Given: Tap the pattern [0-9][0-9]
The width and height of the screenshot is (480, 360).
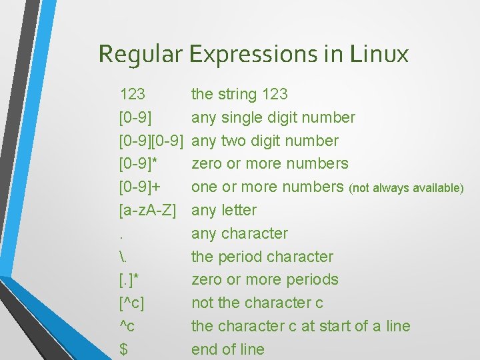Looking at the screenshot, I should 151,141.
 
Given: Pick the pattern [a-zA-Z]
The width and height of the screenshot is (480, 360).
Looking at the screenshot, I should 147,211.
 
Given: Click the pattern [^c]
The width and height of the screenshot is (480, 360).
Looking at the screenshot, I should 132,303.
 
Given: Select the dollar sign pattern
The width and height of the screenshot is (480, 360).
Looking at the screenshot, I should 123,349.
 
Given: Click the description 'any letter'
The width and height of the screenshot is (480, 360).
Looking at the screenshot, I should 224,211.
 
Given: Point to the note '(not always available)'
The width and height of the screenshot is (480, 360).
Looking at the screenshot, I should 406,188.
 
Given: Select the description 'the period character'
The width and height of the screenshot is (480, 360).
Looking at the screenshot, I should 262,257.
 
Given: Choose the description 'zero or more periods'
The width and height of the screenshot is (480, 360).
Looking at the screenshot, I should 265,280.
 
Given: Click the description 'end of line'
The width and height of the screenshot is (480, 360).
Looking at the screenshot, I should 228,349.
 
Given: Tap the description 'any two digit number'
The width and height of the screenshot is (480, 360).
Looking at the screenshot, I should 265,141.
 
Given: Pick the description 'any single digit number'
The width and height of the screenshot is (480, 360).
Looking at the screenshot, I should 273,118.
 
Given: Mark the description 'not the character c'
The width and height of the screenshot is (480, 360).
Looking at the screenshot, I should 257,303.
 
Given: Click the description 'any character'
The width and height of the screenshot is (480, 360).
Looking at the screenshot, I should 239,233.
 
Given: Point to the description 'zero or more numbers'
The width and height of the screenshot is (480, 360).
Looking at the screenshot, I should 269,164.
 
